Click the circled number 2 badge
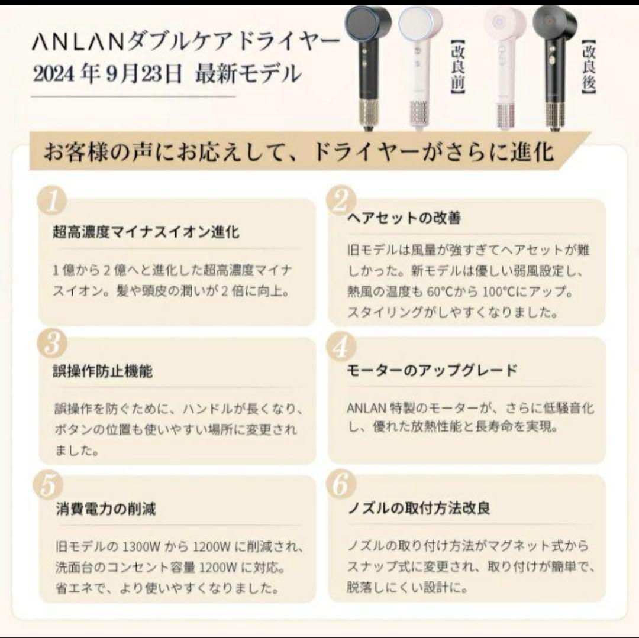[340, 202]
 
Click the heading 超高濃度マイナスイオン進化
[146, 232]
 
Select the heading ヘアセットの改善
[404, 218]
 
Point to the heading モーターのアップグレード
[432, 371]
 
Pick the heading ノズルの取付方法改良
[419, 508]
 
